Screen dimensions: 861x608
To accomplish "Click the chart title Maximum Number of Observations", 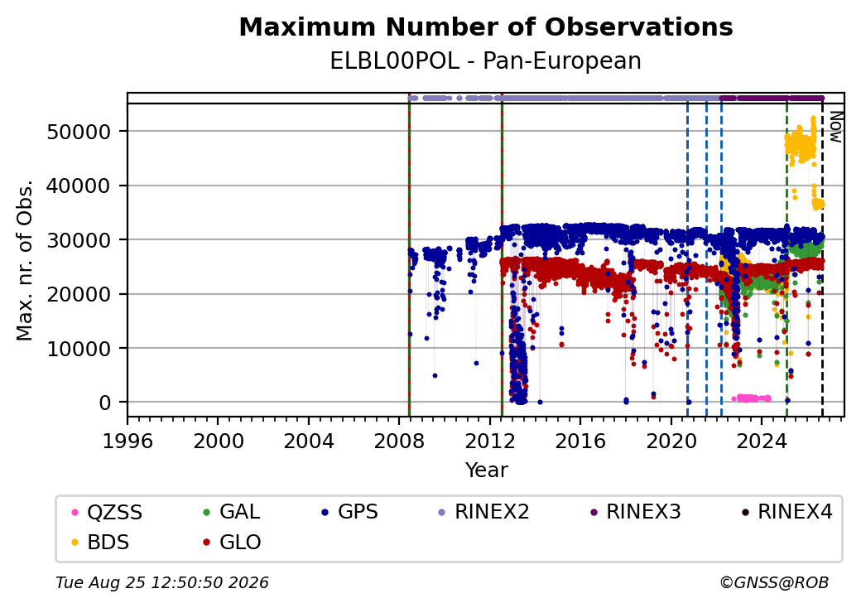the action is (x=486, y=27).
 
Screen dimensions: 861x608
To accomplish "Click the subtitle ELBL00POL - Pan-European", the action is (x=485, y=61).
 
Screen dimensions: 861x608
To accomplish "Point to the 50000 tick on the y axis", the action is (x=79, y=132).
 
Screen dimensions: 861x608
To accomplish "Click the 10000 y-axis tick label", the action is (x=79, y=348).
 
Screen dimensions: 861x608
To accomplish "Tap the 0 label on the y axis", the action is (x=105, y=403).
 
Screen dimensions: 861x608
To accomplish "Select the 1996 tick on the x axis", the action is (x=127, y=442).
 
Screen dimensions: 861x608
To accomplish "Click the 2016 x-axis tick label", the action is (x=580, y=442).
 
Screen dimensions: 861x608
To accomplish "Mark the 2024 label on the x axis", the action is (x=762, y=442).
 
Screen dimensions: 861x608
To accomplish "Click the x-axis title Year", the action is (x=486, y=470).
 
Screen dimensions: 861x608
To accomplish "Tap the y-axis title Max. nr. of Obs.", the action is (x=25, y=260).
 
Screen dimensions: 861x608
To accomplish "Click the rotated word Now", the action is (x=835, y=127).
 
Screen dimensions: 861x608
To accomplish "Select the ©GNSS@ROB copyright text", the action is (x=774, y=582).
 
